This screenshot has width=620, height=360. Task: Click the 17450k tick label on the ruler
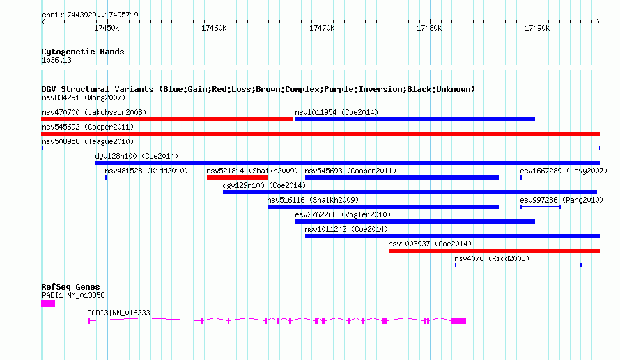106,28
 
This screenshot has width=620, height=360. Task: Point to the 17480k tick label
429,28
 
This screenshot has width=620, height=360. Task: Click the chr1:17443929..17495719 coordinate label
89,15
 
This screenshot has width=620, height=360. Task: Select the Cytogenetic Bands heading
82,52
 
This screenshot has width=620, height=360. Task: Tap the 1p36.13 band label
56,61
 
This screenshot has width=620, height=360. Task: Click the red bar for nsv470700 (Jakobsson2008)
167,119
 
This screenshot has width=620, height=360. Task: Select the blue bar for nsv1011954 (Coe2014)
415,119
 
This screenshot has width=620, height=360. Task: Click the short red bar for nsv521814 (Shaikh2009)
238,178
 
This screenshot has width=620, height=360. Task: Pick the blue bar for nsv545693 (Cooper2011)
402,178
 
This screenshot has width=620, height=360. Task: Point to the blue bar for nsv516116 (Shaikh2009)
383,207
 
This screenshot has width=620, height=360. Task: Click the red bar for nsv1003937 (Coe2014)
494,251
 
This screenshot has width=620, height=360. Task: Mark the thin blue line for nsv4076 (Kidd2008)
518,265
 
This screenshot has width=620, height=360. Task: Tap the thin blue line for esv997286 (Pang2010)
540,207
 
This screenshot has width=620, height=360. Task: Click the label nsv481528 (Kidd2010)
146,171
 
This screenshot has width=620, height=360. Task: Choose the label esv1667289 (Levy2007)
564,171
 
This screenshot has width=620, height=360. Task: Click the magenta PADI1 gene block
48,304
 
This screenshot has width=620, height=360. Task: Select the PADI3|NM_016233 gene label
118,313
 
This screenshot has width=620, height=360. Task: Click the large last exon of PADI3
458,321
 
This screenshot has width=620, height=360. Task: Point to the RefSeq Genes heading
70,287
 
